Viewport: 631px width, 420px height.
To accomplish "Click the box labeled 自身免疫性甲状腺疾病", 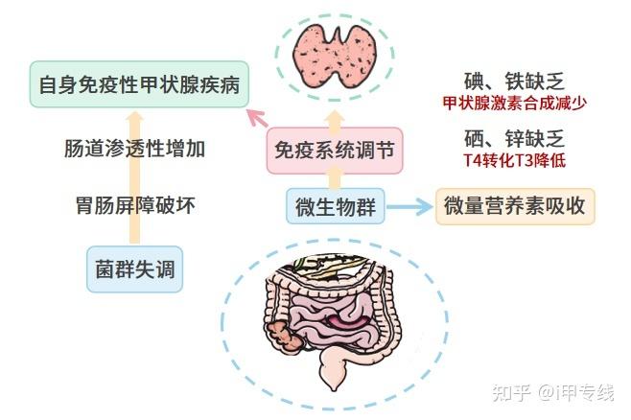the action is tap(139, 84).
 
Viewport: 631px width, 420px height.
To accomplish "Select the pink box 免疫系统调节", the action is tap(335, 151).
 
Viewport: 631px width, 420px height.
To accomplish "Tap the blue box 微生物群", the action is tap(336, 206).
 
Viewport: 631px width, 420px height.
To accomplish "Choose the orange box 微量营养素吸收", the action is tap(515, 206).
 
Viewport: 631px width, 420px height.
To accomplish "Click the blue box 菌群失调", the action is tap(135, 269).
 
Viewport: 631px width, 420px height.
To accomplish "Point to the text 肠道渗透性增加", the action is tap(135, 149).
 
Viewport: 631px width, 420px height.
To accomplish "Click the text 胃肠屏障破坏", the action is tap(135, 205).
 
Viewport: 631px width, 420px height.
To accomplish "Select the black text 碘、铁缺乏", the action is tap(514, 82).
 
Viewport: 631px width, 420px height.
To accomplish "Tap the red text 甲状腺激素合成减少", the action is tap(515, 104).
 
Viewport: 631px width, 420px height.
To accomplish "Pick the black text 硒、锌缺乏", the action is tap(514, 139).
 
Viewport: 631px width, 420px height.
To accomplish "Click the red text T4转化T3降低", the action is tap(514, 161).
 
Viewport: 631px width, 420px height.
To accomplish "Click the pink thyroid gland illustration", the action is tap(334, 56).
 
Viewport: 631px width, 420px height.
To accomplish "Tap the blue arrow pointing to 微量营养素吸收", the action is tap(409, 207).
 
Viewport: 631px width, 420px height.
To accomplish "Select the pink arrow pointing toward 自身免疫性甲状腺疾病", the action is tap(258, 118).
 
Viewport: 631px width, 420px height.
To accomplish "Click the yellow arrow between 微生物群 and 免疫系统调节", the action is tap(335, 178).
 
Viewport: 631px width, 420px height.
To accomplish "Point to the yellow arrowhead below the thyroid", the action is tap(335, 119).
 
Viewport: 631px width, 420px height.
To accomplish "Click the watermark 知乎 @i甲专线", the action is tap(553, 392).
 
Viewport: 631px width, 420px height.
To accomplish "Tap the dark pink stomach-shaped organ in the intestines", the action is tap(347, 320).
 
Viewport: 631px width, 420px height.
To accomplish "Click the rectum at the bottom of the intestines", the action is tap(333, 369).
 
